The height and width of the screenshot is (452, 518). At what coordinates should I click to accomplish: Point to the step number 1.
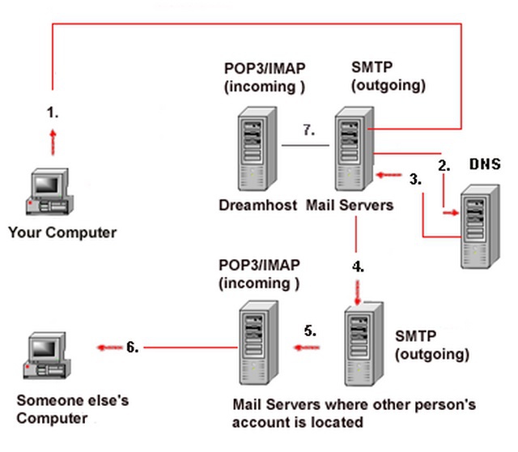53,113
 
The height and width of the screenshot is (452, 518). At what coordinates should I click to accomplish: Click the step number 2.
443,164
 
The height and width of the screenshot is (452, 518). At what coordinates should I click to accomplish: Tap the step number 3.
415,180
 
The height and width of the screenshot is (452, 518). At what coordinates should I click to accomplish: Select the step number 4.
358,266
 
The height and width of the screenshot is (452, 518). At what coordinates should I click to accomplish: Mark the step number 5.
310,330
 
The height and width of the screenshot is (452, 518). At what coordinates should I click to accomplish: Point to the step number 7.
308,129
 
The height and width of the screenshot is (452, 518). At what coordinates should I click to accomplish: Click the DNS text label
486,164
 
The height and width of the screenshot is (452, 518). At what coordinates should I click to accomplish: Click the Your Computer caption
62,233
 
